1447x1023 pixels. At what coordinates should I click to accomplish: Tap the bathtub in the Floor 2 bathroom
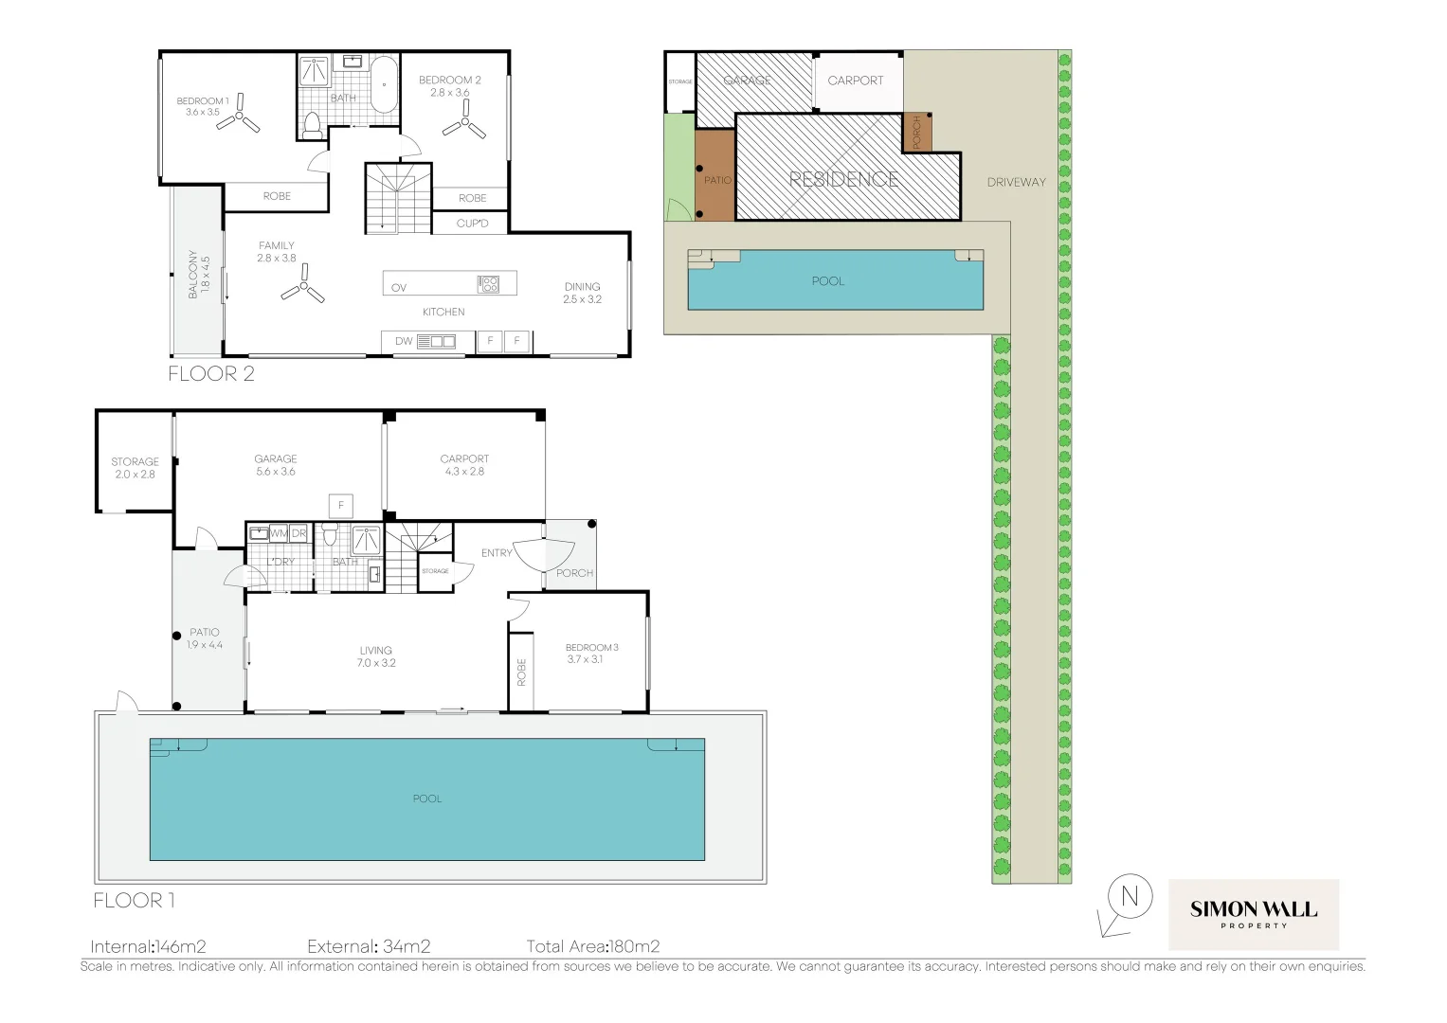384,85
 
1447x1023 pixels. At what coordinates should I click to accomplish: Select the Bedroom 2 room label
450,86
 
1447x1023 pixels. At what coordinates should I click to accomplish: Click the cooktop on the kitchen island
488,283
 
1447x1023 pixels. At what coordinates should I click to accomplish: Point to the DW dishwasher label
404,341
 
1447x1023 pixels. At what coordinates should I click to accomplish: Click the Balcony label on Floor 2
198,275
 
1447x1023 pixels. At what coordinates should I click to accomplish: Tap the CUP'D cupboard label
472,224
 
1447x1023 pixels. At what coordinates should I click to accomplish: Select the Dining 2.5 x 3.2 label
582,293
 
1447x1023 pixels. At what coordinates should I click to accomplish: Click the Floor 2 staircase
398,198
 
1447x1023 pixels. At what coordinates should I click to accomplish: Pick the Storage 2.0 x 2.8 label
135,468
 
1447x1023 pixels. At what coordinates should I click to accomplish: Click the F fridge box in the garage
341,506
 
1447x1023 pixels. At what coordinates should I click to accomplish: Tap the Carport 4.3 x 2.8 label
464,465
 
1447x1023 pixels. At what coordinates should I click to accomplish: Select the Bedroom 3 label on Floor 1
591,654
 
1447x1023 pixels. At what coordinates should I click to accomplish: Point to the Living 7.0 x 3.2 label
376,656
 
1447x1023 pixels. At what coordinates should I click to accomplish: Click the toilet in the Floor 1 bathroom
330,535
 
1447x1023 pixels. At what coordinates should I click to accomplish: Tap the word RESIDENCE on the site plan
843,179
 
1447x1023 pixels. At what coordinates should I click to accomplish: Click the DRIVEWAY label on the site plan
1016,182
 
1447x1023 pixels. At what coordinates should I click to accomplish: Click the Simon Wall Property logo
1253,914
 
